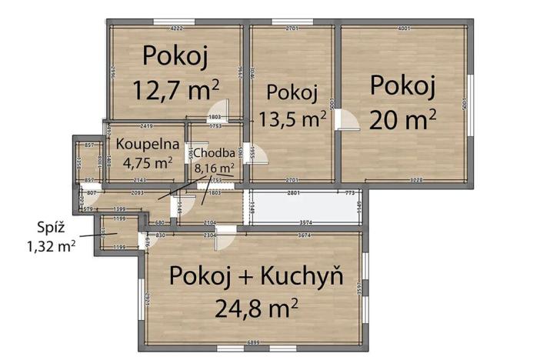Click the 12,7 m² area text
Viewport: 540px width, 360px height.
tap(176, 89)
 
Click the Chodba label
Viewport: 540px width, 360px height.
tap(209, 152)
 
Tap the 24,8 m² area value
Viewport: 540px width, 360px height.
tap(256, 309)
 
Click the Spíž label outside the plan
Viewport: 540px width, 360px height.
tap(51, 228)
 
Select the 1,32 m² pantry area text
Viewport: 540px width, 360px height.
tap(51, 245)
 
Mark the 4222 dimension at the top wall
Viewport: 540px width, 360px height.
tap(176, 29)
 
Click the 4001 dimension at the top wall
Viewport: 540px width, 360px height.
tap(404, 29)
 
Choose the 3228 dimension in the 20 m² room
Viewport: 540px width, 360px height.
tap(417, 180)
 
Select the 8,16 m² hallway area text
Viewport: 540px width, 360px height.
tap(214, 166)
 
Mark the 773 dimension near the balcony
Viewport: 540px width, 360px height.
tap(349, 192)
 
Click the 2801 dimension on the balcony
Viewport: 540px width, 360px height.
tap(292, 192)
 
